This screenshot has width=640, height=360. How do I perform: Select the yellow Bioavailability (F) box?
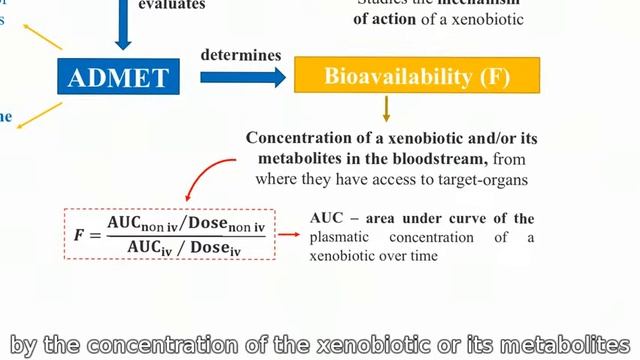[416, 75]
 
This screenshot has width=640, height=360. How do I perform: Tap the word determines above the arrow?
[241, 54]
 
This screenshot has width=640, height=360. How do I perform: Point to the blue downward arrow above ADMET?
[123, 30]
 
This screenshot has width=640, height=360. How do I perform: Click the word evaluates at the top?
[173, 5]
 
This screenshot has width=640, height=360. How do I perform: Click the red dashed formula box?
[169, 232]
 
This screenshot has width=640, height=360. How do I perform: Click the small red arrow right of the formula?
[289, 234]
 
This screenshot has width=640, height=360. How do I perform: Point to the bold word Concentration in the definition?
[296, 138]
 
